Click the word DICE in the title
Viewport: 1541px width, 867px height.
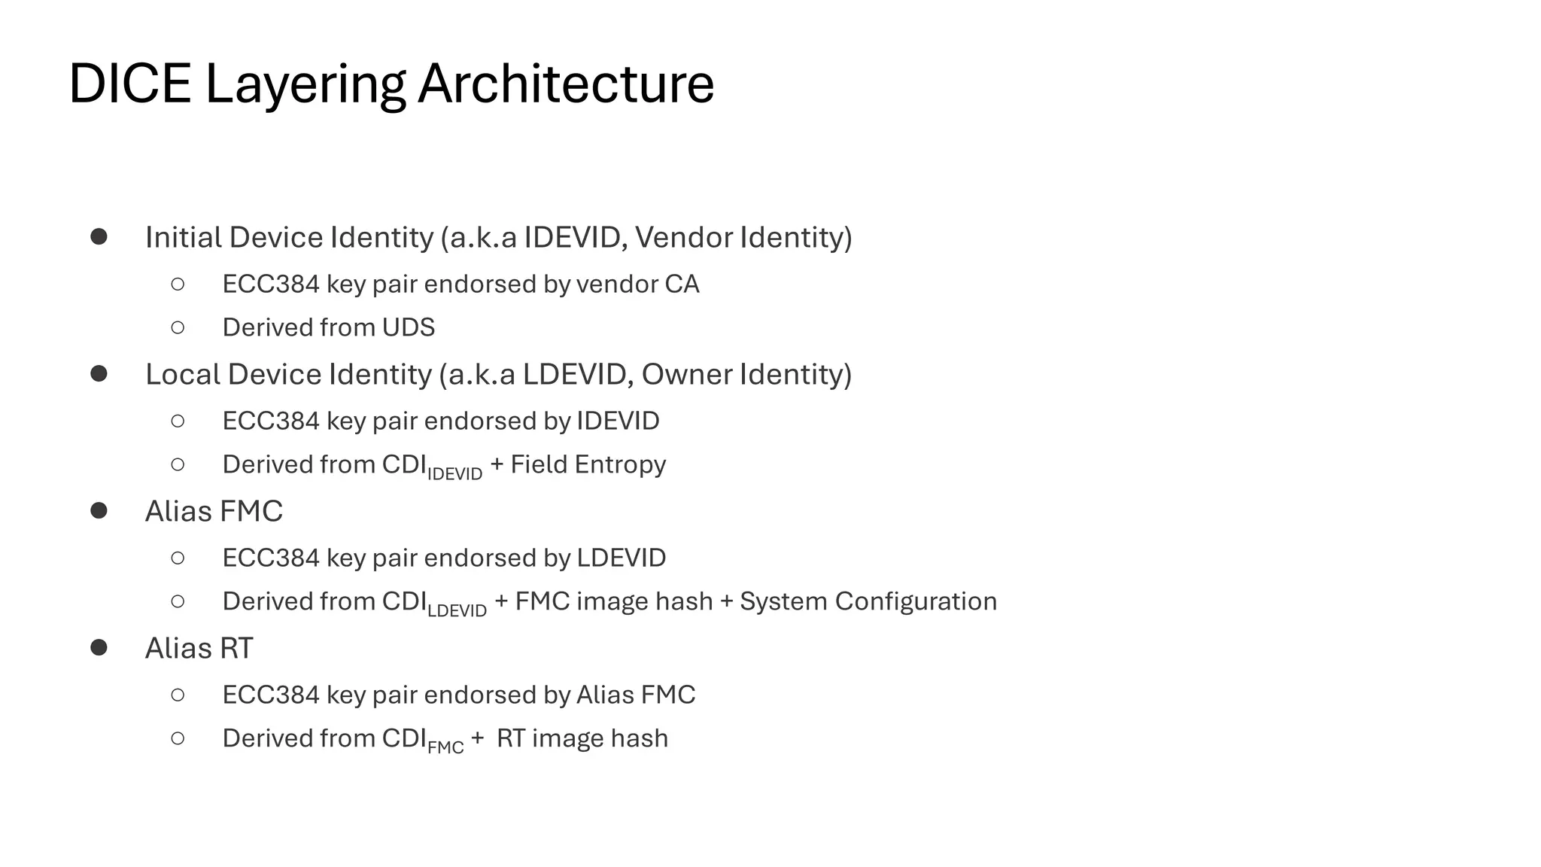(x=129, y=84)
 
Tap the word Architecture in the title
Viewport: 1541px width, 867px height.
(x=565, y=84)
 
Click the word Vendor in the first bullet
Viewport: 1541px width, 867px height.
(x=683, y=237)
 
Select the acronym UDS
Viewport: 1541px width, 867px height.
(x=408, y=327)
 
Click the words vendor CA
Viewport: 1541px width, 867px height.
(x=637, y=284)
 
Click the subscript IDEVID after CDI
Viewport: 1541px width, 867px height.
(x=454, y=473)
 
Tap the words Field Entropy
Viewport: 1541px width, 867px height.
(x=588, y=464)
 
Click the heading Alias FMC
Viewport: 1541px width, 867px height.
(x=214, y=511)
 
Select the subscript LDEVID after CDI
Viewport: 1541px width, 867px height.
(x=457, y=610)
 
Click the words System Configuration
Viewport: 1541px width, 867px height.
(x=868, y=601)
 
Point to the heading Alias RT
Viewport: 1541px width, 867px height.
(x=199, y=648)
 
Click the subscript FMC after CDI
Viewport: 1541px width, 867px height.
(x=445, y=747)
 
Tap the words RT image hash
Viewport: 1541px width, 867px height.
(x=582, y=738)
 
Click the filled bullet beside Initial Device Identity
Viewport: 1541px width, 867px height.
(x=99, y=237)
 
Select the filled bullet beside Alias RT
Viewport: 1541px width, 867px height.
(x=99, y=647)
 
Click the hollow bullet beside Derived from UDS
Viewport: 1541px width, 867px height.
(x=178, y=327)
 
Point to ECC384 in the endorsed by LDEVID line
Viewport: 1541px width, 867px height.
(x=271, y=558)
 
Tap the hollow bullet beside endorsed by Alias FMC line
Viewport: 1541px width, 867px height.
(x=178, y=695)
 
